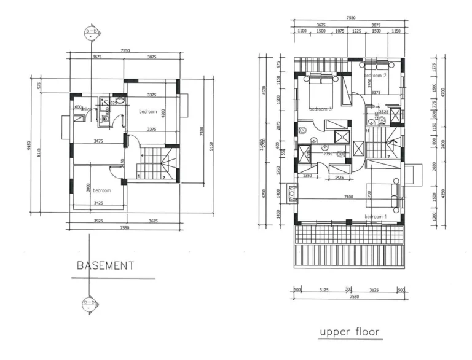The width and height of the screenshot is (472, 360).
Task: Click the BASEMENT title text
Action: pyautogui.click(x=105, y=266)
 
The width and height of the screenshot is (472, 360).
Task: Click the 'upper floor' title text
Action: pyautogui.click(x=350, y=332)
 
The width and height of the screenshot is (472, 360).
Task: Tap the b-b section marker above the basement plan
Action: pyautogui.click(x=92, y=32)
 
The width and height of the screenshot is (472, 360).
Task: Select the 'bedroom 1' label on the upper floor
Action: pyautogui.click(x=376, y=217)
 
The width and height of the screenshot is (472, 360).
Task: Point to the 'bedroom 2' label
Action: pyautogui.click(x=375, y=76)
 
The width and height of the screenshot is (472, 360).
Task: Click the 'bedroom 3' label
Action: pyautogui.click(x=320, y=109)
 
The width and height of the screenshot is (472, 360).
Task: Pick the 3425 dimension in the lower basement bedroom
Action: pyautogui.click(x=99, y=202)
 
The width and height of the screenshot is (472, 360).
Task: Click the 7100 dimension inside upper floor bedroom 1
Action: pyautogui.click(x=348, y=197)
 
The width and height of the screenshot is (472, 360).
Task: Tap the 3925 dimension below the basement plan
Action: pyautogui.click(x=97, y=220)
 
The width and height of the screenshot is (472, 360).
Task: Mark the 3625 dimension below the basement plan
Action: pyautogui.click(x=154, y=220)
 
